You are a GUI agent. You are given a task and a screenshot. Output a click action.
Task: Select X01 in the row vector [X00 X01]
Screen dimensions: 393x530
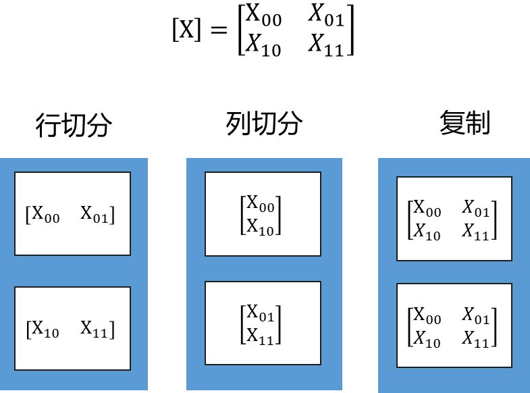pyautogui.click(x=95, y=215)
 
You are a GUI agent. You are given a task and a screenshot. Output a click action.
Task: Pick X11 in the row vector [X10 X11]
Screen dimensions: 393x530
pyautogui.click(x=95, y=330)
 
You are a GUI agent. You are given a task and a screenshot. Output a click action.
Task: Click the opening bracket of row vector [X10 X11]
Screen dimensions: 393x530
pyautogui.click(x=28, y=330)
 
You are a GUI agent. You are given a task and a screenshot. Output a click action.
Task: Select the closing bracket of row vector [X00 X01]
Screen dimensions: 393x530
pyautogui.click(x=113, y=215)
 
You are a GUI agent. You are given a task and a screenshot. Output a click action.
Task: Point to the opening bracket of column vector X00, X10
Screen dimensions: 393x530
pyautogui.click(x=242, y=215)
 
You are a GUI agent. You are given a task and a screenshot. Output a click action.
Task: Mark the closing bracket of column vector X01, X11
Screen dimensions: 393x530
pyautogui.click(x=279, y=324)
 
